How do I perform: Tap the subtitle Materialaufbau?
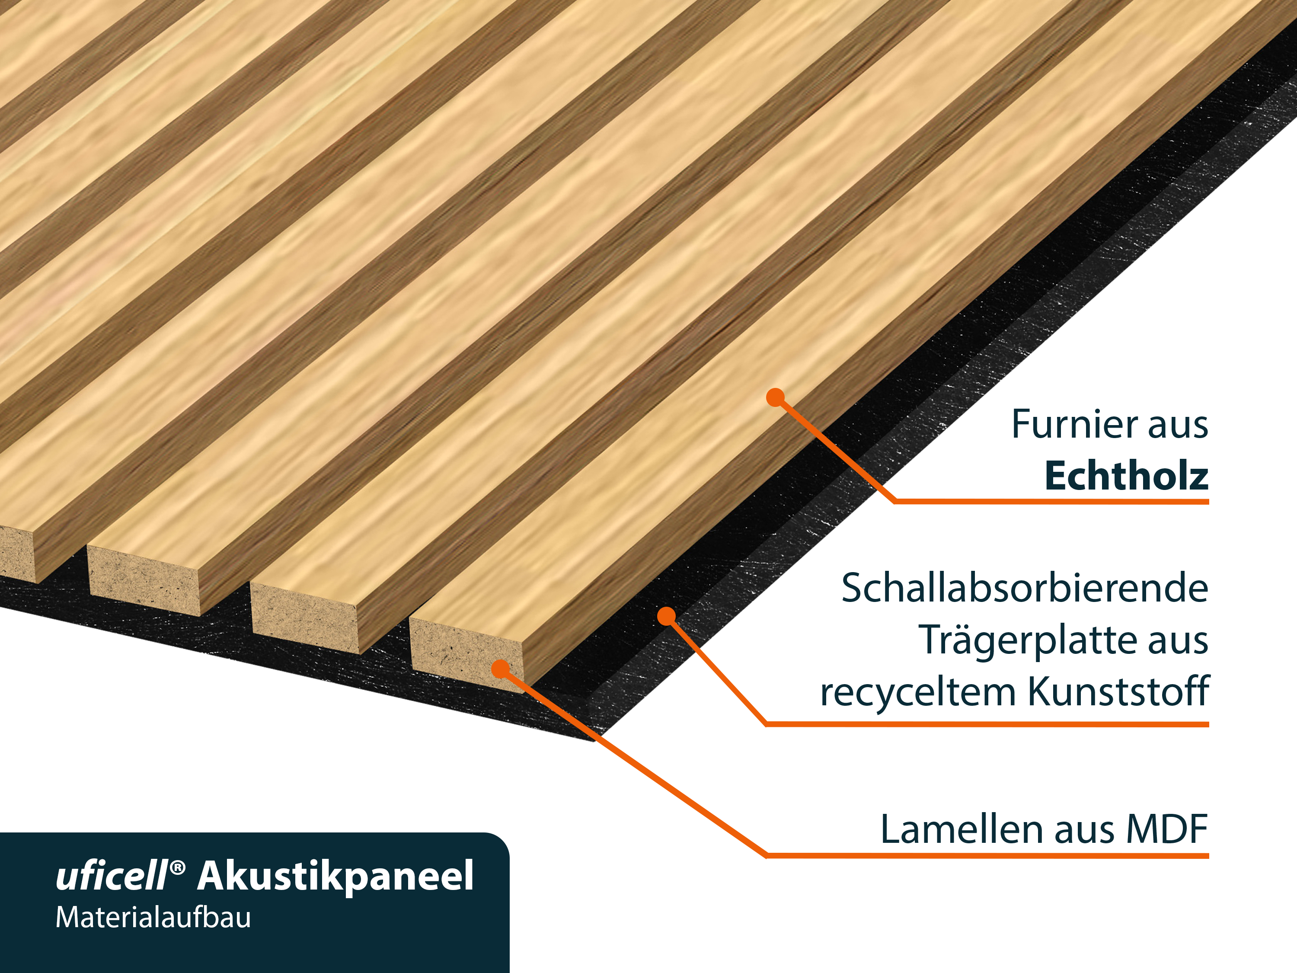[x=153, y=919]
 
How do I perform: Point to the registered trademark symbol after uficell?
[x=178, y=867]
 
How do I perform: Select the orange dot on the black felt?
[x=666, y=616]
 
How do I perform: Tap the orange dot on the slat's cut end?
[x=500, y=669]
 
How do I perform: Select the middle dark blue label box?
[x=1067, y=645]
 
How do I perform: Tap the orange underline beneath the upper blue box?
[x=1096, y=505]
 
